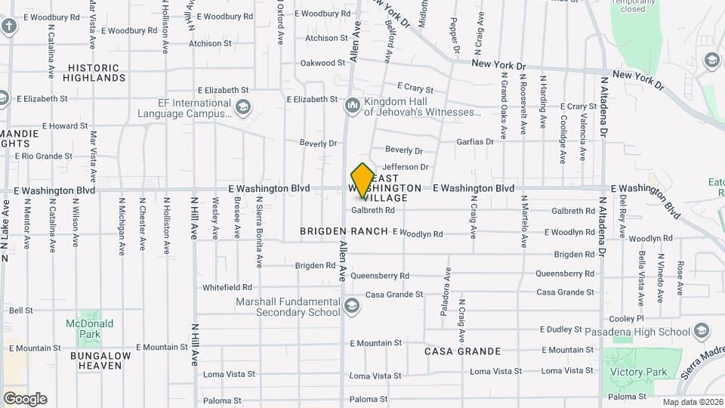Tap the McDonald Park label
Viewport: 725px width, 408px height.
pyautogui.click(x=89, y=329)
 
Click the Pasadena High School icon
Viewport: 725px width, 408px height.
pyautogui.click(x=702, y=332)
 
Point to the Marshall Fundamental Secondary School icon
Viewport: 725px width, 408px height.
pyautogui.click(x=350, y=306)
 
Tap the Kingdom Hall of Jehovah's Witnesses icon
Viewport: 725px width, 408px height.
pyautogui.click(x=352, y=107)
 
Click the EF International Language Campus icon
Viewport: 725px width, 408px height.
pyautogui.click(x=242, y=108)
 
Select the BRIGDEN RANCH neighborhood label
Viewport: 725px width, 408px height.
pyautogui.click(x=344, y=231)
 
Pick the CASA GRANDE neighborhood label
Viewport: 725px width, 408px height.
pyautogui.click(x=462, y=351)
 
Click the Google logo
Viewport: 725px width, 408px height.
pyautogui.click(x=25, y=399)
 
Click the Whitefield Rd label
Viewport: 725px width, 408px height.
pyautogui.click(x=227, y=287)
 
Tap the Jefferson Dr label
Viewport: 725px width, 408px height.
pyautogui.click(x=406, y=166)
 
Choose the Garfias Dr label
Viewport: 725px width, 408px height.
pyautogui.click(x=475, y=141)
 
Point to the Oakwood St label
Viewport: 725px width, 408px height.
pyautogui.click(x=322, y=63)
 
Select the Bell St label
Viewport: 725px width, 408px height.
pyautogui.click(x=20, y=311)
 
